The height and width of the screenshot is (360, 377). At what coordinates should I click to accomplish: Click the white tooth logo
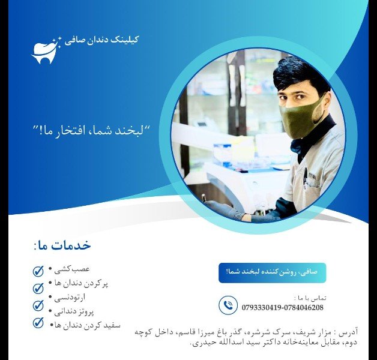click(46, 50)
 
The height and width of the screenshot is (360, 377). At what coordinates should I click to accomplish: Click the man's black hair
click(300, 75)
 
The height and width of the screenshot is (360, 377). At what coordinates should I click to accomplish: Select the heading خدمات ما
click(62, 245)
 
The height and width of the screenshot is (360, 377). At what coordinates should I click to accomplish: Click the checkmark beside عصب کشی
click(39, 271)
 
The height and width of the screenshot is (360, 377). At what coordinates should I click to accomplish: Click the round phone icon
click(228, 305)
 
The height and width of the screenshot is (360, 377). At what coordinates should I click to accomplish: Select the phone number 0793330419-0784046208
click(283, 308)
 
